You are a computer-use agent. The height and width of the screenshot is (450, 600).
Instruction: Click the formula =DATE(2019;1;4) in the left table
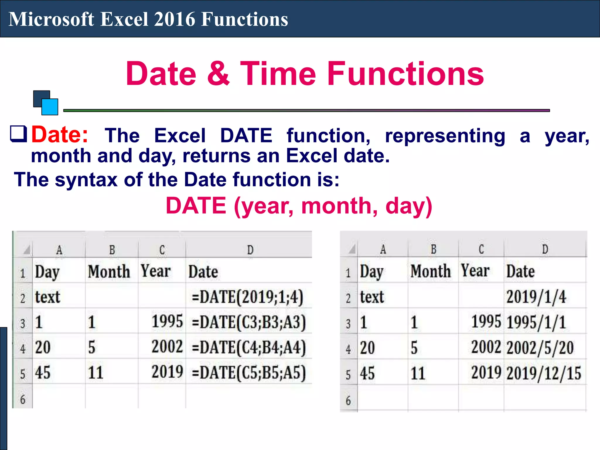tap(248, 297)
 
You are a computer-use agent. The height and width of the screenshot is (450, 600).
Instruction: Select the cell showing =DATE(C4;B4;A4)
tap(249, 347)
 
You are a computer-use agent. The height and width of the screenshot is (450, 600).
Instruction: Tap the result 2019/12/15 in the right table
tap(544, 373)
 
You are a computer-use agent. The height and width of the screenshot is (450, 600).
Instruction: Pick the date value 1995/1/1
tap(536, 322)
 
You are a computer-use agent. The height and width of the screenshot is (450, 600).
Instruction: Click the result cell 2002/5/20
tap(540, 348)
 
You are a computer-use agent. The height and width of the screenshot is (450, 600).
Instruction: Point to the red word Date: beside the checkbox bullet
tap(60, 135)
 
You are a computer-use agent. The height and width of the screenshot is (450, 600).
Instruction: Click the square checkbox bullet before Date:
tap(18, 134)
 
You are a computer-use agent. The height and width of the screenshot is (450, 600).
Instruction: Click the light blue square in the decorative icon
tap(50, 107)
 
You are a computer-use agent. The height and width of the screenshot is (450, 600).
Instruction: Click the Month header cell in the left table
tap(109, 271)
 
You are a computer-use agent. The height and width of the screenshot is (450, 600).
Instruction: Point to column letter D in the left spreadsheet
tap(250, 250)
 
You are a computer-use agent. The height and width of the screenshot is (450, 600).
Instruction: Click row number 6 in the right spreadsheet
tap(348, 400)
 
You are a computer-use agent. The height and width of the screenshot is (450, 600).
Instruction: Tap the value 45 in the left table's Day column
tap(43, 373)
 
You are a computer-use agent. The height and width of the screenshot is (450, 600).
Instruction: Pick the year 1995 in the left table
tap(167, 321)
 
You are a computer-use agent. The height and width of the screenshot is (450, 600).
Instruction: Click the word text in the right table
tap(372, 297)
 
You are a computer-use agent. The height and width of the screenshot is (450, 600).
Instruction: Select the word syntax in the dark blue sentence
tap(86, 180)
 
